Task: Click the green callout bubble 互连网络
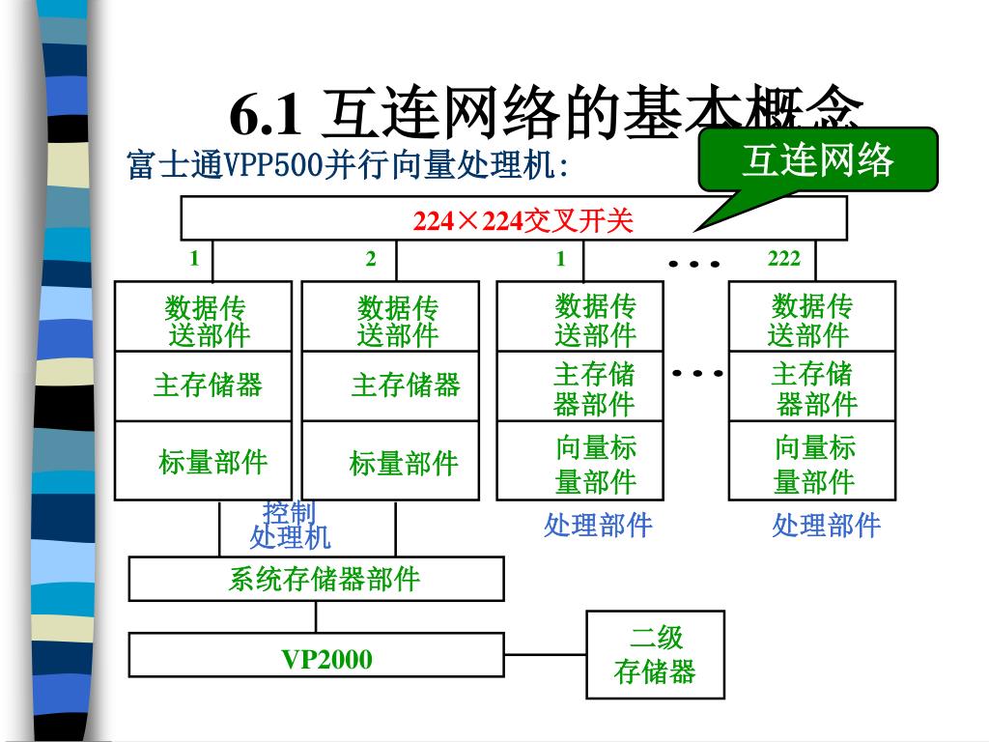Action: (x=818, y=158)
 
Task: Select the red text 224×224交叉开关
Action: (x=523, y=221)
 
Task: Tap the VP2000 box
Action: (x=326, y=659)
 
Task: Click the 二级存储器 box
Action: (x=655, y=654)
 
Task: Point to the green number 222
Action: (x=783, y=258)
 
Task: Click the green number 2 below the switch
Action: (x=371, y=258)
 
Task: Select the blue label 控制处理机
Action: (x=290, y=525)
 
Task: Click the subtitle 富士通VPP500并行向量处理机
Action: (x=348, y=165)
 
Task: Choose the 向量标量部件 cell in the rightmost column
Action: (x=812, y=463)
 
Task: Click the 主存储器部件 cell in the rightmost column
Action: (x=812, y=387)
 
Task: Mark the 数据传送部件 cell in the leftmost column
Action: (x=204, y=320)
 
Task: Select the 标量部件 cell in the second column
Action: (x=403, y=463)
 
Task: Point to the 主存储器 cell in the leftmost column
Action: (x=206, y=385)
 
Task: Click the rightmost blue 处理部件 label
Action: (x=826, y=526)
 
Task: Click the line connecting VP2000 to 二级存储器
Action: (x=546, y=654)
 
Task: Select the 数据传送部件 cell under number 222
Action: (x=812, y=320)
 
